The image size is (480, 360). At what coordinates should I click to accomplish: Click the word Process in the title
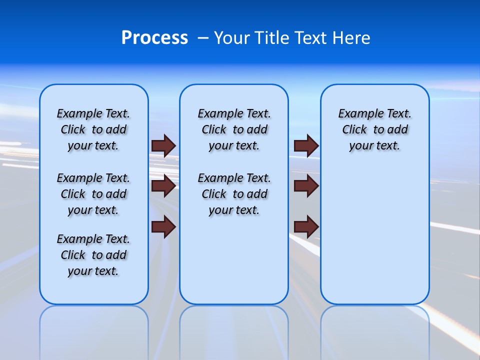coord(154,38)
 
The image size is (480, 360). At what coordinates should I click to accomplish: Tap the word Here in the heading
coord(351,38)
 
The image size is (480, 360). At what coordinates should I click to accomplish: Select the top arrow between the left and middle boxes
coord(163,146)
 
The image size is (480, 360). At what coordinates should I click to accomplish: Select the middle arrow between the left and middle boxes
coord(163,186)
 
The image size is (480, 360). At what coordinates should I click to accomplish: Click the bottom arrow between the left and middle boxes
coord(163,227)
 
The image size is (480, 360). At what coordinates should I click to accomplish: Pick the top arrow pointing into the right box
coord(306,146)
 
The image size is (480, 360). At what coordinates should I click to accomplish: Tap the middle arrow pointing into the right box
coord(306,186)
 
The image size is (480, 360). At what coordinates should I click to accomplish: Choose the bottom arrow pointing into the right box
coord(306,227)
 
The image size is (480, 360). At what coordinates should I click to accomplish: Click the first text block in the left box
coord(93,129)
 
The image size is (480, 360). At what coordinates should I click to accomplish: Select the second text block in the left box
coord(93,194)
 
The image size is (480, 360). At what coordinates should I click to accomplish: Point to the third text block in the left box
coord(93,255)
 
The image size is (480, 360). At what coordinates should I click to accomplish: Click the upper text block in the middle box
coord(234,129)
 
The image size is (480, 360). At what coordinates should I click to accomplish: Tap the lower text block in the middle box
coord(234,194)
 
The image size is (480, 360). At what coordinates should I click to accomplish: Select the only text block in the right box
coord(374,129)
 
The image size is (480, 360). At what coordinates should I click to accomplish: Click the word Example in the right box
coord(357,114)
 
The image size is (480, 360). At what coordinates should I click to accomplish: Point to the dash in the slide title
coord(203,38)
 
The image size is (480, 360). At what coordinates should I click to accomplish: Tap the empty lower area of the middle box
coord(234,260)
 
